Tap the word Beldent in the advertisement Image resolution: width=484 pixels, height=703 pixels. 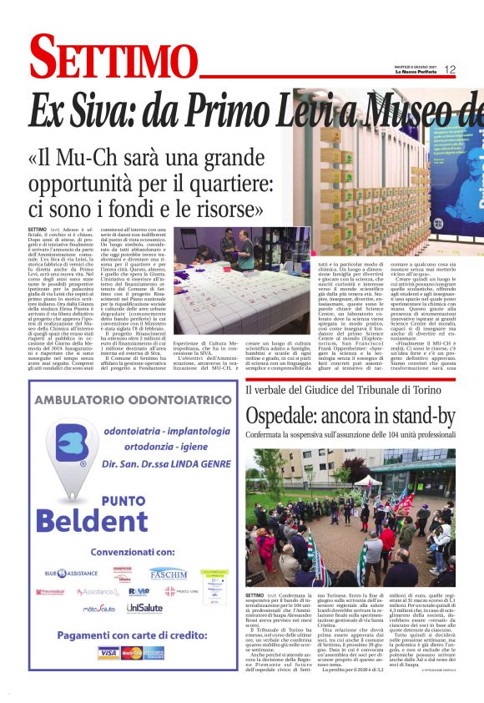coord(103,521)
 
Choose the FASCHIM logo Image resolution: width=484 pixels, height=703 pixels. coord(168,574)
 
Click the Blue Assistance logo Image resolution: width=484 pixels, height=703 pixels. coord(72,574)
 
